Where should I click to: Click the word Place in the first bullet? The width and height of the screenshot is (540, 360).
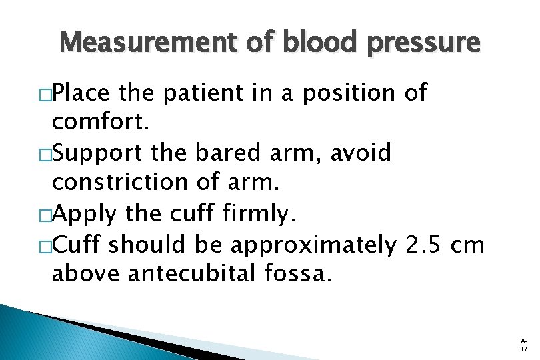point(83,94)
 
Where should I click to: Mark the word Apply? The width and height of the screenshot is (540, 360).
point(83,215)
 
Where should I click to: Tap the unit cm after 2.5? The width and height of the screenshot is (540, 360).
point(467,245)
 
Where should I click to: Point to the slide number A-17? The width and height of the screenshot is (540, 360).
point(523,345)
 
